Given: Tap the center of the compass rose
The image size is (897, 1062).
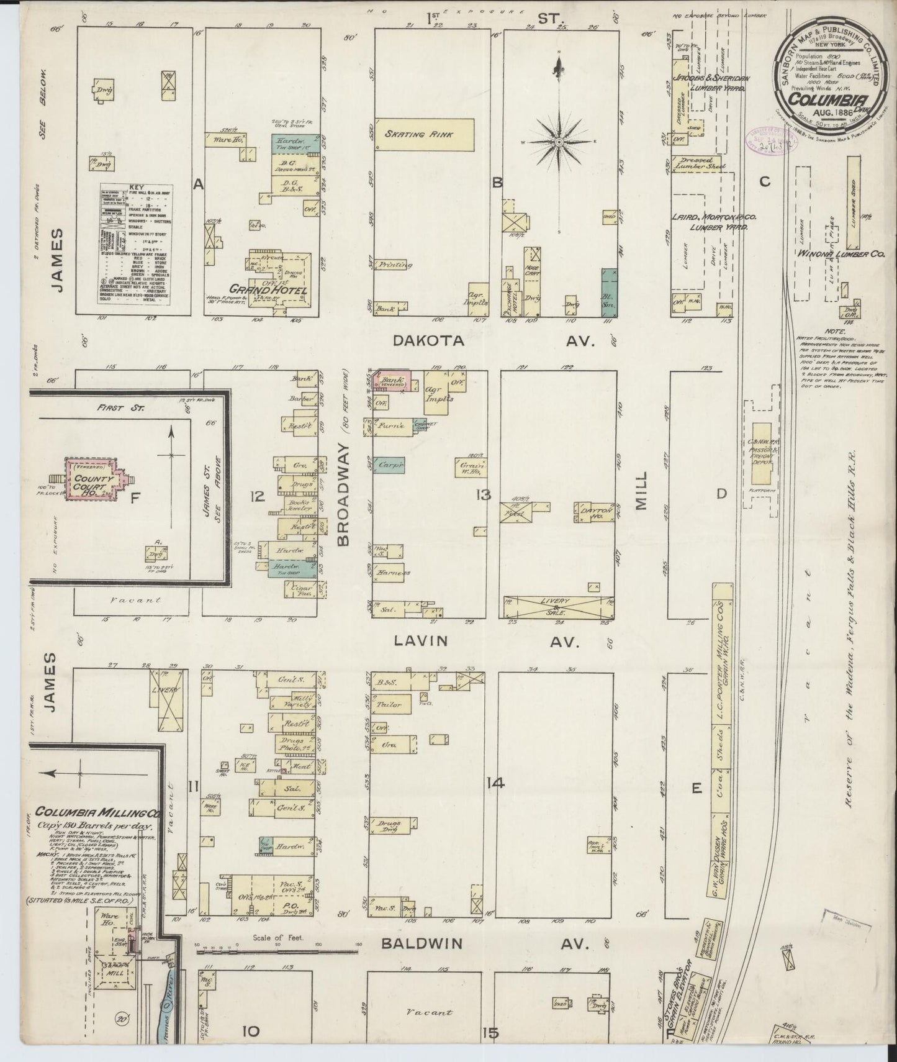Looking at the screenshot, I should (x=560, y=142).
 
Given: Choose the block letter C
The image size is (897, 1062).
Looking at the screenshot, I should (x=765, y=182).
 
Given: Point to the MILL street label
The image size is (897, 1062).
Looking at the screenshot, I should (x=641, y=490).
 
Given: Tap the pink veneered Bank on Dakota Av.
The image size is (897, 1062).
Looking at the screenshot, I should (x=393, y=381).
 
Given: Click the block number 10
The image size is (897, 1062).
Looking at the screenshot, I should (x=250, y=1031).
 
